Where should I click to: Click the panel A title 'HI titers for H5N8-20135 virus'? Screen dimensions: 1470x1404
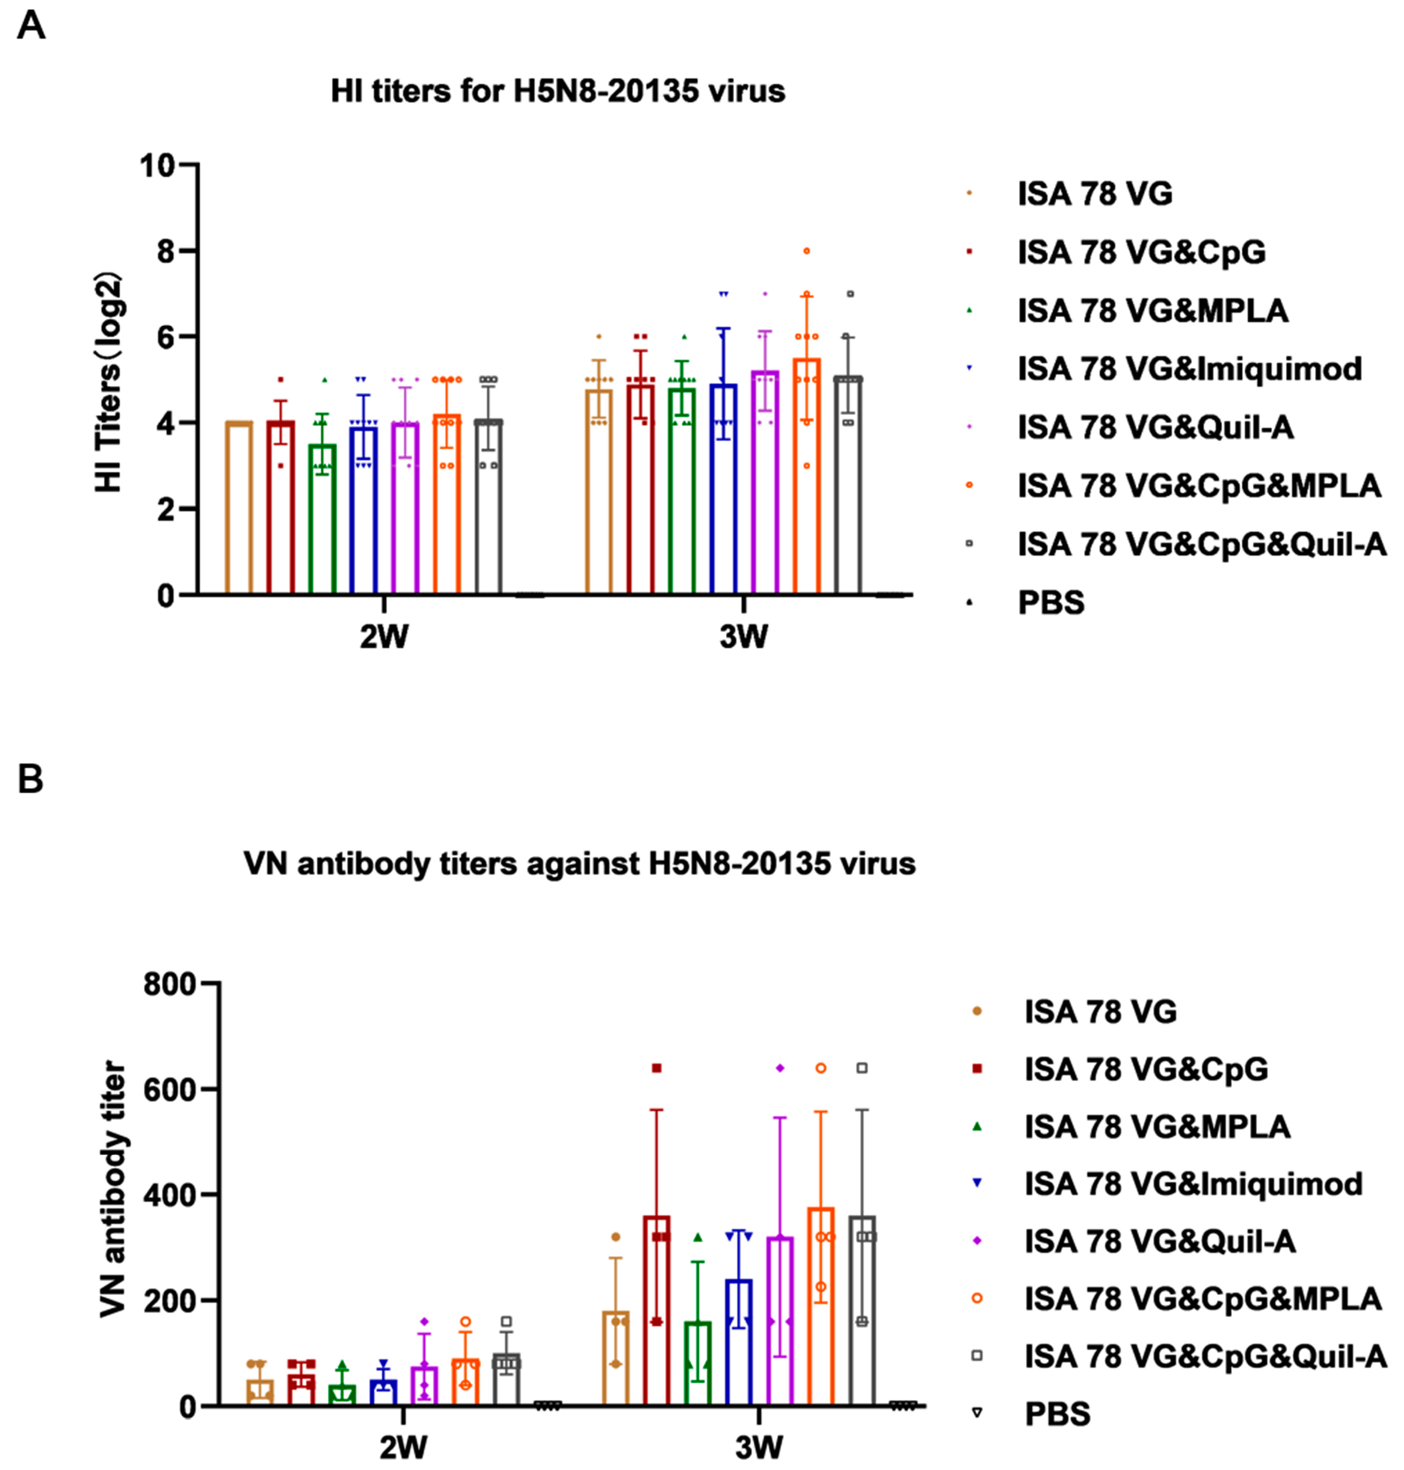558,91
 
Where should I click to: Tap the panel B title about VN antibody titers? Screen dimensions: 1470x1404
579,864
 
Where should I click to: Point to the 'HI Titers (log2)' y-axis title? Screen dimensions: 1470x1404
109,382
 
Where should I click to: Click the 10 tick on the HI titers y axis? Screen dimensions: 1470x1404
157,165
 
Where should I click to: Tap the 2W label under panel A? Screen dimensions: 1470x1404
384,637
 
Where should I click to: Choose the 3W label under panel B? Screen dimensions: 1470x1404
758,1447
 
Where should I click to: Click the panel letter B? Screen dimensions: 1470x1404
30,779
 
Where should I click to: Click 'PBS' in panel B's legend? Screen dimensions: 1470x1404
1057,1414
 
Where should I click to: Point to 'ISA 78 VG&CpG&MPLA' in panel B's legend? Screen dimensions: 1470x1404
1202,1299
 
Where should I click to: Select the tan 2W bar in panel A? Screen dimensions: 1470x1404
239,509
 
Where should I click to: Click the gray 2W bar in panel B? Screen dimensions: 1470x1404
507,1382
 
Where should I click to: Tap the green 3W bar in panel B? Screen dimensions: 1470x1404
697,1366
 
